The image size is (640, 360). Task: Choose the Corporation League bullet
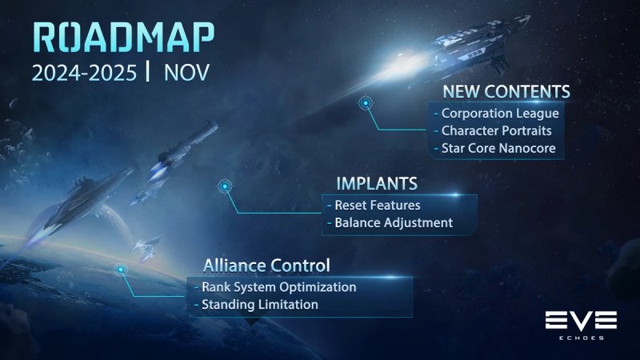pyautogui.click(x=494, y=114)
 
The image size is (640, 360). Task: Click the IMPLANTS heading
pyautogui.click(x=376, y=183)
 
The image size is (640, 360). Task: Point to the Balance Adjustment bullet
pyautogui.click(x=390, y=223)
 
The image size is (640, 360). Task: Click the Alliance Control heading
pyautogui.click(x=266, y=265)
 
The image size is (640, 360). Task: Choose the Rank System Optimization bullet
pyautogui.click(x=274, y=287)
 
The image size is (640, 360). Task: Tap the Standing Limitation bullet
pyautogui.click(x=255, y=305)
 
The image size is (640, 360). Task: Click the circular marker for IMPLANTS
pyautogui.click(x=226, y=186)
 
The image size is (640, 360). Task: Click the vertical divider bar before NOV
pyautogui.click(x=148, y=72)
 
